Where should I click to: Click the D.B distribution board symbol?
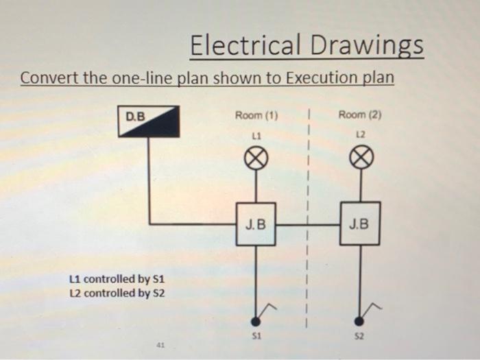point(149,121)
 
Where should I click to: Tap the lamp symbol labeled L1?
point(256,160)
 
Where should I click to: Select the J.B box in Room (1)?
point(256,224)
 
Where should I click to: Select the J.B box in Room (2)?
point(360,224)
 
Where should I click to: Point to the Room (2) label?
point(360,115)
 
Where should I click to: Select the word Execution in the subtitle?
point(320,77)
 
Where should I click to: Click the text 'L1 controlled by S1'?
point(117,280)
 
